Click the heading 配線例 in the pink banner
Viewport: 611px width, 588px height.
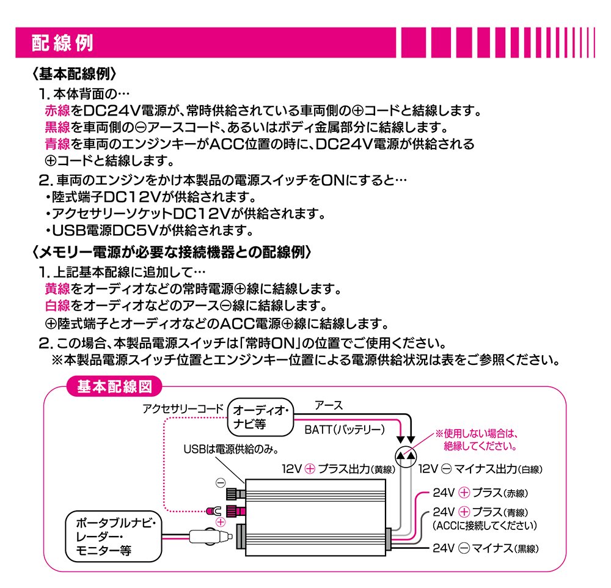click(x=63, y=44)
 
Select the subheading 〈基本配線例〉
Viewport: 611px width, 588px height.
click(x=74, y=74)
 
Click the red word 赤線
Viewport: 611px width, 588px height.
click(x=58, y=111)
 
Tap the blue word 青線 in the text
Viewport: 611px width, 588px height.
click(x=58, y=144)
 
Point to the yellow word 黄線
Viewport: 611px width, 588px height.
click(x=58, y=288)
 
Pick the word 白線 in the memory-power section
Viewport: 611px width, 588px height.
click(x=58, y=304)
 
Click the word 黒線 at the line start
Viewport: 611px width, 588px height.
click(x=58, y=128)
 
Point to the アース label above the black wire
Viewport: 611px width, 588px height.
click(x=328, y=405)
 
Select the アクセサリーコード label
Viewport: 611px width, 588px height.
click(x=183, y=408)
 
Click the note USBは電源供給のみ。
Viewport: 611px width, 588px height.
click(x=232, y=450)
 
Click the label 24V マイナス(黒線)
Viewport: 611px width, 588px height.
click(x=485, y=548)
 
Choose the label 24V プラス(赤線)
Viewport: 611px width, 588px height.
click(x=480, y=493)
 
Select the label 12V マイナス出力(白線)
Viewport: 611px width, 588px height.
click(x=480, y=469)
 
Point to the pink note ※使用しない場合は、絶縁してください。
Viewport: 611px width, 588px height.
click(x=475, y=439)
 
